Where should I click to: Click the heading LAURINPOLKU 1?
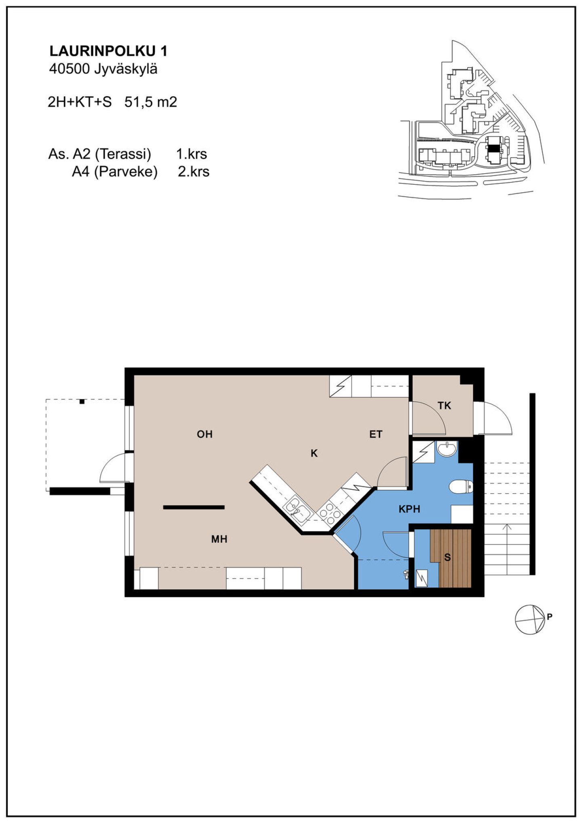[x=108, y=51]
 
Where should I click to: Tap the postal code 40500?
[x=69, y=69]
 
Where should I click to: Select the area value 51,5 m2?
[x=151, y=102]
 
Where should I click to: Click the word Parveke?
[x=126, y=172]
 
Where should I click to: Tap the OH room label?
[x=205, y=434]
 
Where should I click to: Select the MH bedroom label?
[x=219, y=539]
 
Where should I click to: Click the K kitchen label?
[x=314, y=454]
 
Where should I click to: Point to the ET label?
[x=376, y=434]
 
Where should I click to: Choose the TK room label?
[x=445, y=406]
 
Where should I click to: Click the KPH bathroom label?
[x=409, y=509]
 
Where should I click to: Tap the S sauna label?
[x=447, y=558]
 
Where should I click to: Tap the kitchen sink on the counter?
[x=298, y=510]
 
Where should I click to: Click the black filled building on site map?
[x=493, y=148]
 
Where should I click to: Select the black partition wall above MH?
[x=194, y=507]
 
